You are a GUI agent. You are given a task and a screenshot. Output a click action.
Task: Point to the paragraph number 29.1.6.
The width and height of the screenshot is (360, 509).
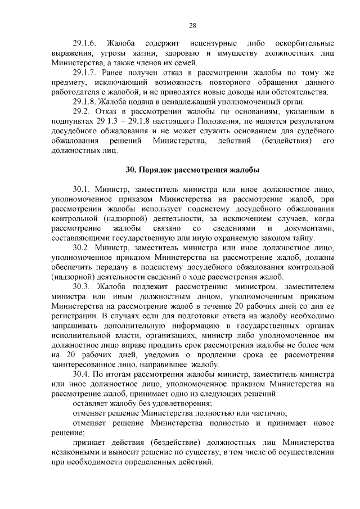coord(85,43)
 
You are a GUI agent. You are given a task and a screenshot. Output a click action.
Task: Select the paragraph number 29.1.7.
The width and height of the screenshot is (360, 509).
coord(85,73)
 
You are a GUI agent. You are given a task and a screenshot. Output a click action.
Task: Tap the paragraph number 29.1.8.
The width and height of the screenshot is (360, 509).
coord(85,102)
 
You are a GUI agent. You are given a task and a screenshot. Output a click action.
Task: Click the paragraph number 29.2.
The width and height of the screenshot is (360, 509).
coord(82,112)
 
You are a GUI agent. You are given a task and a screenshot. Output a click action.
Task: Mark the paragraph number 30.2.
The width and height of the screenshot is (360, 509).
coord(82,247)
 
